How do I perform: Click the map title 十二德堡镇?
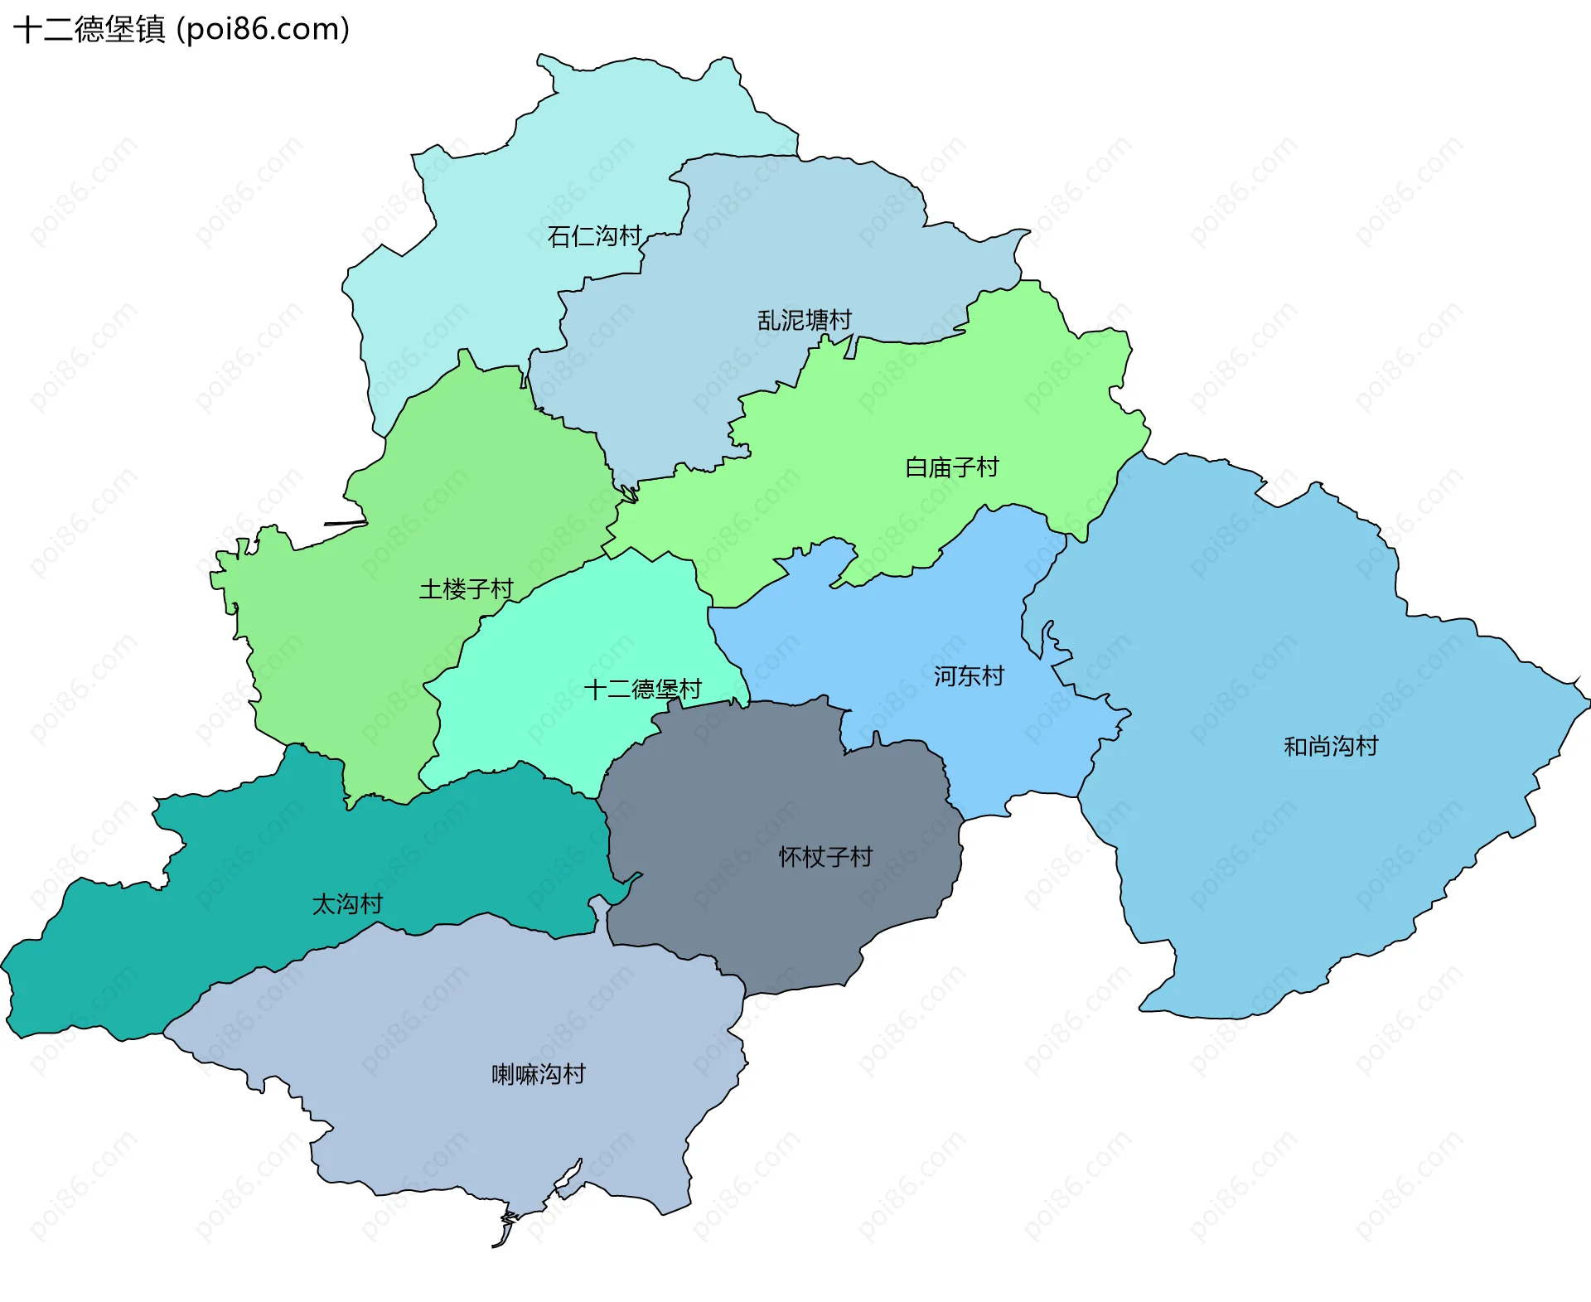pyautogui.click(x=89, y=30)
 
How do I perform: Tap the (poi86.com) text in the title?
pyautogui.click(x=264, y=30)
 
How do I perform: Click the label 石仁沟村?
pyautogui.click(x=594, y=236)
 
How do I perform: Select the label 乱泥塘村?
pyautogui.click(x=804, y=320)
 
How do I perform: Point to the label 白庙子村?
pyautogui.click(x=951, y=467)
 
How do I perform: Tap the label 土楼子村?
pyautogui.click(x=466, y=589)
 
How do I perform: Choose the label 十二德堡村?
pyautogui.click(x=642, y=689)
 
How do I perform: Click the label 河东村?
pyautogui.click(x=968, y=676)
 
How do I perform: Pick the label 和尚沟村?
pyautogui.click(x=1330, y=747)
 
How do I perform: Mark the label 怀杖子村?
pyautogui.click(x=825, y=857)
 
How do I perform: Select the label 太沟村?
pyautogui.click(x=346, y=904)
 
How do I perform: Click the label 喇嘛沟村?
pyautogui.click(x=538, y=1075)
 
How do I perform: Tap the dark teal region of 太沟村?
pyautogui.click(x=249, y=870)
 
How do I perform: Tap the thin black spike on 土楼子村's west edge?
pyautogui.click(x=344, y=523)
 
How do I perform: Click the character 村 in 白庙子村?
pyautogui.click(x=988, y=467)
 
